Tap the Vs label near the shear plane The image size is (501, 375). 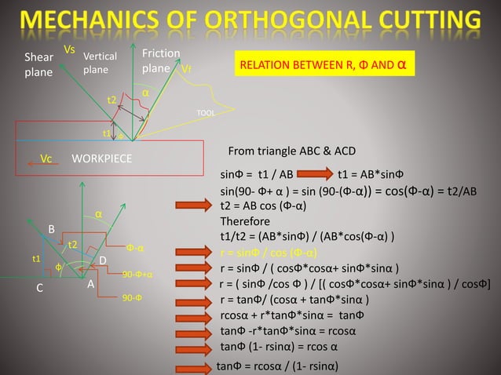pos(69,49)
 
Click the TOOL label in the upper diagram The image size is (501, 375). pos(206,113)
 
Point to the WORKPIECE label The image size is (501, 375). pos(102,158)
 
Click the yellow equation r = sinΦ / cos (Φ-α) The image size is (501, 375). pos(269,253)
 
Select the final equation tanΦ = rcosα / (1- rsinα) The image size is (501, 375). pos(280,366)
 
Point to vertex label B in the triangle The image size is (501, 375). pos(52,228)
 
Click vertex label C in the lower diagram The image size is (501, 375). pos(39,287)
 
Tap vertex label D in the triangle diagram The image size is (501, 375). pos(102,260)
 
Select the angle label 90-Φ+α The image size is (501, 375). pos(137,275)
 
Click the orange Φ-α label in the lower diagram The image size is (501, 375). pos(135,249)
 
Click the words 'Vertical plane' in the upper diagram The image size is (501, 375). pos(100,63)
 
